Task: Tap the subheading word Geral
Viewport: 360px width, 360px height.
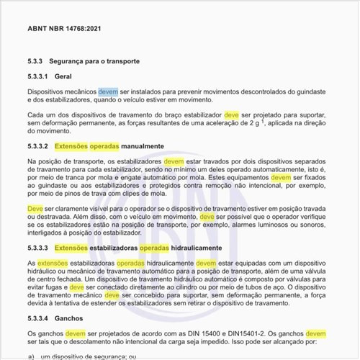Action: click(64, 76)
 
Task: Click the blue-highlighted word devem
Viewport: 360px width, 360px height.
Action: click(108, 92)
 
